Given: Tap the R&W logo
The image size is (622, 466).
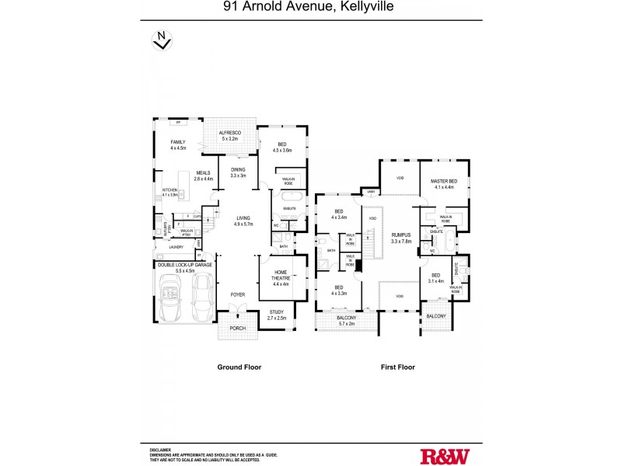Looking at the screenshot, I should click(446, 456).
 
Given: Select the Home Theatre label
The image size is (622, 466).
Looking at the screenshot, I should click(281, 278).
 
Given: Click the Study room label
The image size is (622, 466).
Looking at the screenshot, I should click(277, 311).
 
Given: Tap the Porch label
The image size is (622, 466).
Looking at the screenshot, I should click(237, 328).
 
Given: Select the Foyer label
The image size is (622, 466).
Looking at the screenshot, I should click(236, 295).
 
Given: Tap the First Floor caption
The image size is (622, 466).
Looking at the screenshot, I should click(396, 367).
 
